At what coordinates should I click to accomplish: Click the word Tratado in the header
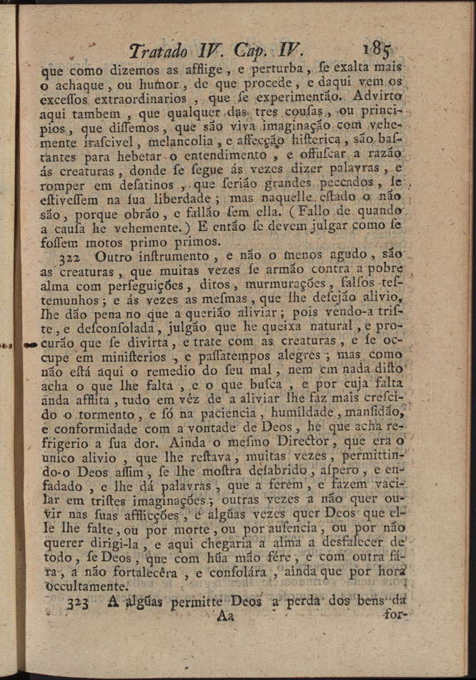pos(159,52)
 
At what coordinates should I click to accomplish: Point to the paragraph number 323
pos(77,603)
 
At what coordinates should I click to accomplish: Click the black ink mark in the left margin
pos(31,344)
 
